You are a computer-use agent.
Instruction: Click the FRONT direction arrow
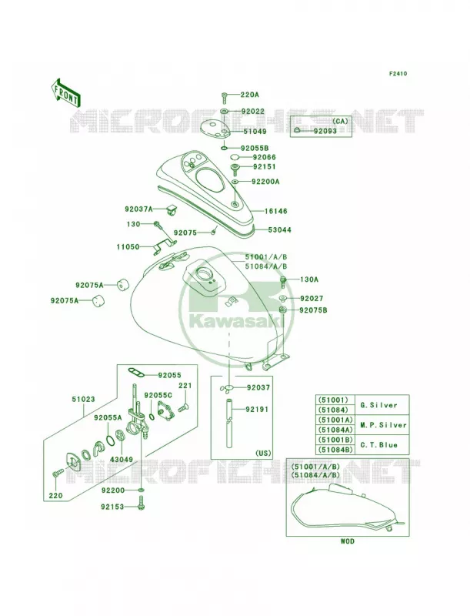(x=65, y=92)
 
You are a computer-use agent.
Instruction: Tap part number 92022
(x=252, y=112)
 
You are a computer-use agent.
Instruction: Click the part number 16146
(x=275, y=211)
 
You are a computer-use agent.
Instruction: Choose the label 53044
(x=280, y=229)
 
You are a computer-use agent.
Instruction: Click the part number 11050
(x=128, y=247)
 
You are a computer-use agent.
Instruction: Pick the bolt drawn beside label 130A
(x=283, y=280)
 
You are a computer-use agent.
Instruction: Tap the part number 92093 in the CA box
(x=325, y=131)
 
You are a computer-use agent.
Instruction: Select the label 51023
(x=83, y=399)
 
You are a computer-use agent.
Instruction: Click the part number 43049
(x=121, y=459)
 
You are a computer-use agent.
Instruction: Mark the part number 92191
(x=257, y=410)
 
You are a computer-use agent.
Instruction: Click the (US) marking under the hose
(x=263, y=453)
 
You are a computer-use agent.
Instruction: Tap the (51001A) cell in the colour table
(x=335, y=420)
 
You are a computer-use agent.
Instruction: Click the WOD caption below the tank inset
(x=347, y=542)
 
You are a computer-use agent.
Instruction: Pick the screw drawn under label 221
(x=183, y=409)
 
